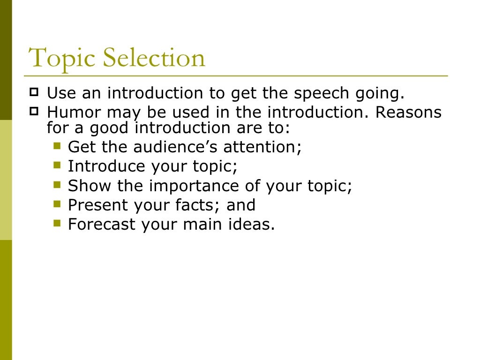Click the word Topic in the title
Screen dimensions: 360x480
coord(62,59)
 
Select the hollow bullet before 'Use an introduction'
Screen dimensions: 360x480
coord(34,92)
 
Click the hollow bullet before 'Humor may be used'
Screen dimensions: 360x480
coord(34,111)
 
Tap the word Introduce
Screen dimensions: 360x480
coord(107,166)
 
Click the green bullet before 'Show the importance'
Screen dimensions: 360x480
coord(58,184)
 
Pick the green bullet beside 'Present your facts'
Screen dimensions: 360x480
coord(58,203)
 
